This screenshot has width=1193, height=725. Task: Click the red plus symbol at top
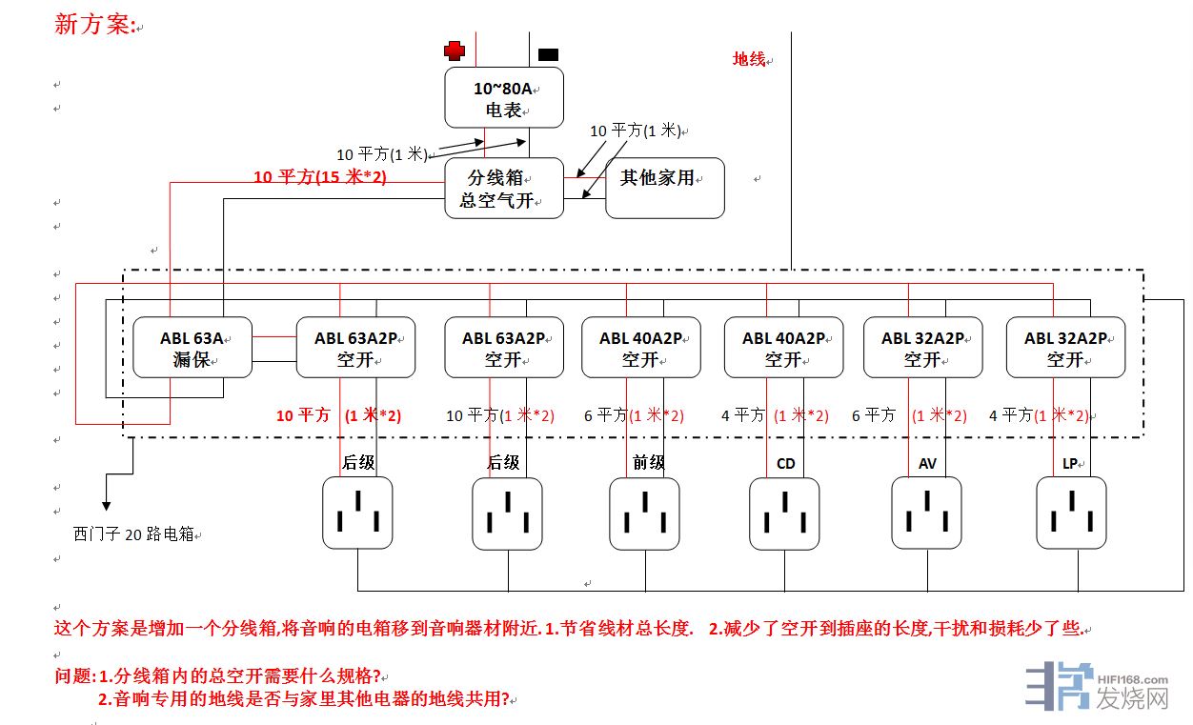(455, 51)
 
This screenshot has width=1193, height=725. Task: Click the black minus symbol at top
(549, 55)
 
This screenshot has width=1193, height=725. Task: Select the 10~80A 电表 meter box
(504, 98)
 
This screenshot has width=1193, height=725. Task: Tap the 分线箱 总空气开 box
(504, 189)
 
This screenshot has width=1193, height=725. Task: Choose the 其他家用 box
(664, 188)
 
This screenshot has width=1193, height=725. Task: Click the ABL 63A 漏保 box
(192, 348)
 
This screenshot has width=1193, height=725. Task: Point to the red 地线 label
(749, 59)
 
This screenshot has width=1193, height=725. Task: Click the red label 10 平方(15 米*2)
(320, 177)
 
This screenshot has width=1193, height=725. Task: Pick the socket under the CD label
(784, 513)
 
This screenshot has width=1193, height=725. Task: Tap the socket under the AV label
(927, 513)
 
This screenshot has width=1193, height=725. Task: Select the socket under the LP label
(1071, 513)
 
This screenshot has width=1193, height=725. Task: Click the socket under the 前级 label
(645, 513)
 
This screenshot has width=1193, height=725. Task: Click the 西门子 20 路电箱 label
(133, 534)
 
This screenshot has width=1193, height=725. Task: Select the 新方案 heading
(93, 25)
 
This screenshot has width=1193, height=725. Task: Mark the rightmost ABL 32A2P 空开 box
(1065, 348)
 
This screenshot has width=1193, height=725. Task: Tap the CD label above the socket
(785, 464)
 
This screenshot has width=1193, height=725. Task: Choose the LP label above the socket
(1070, 464)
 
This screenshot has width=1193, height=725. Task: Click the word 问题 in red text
(74, 676)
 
